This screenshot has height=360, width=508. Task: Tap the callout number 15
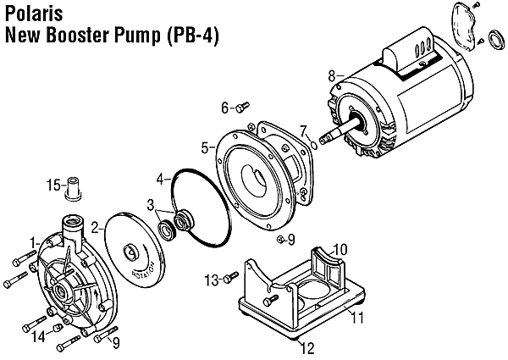tap(52, 185)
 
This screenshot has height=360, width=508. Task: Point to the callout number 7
tap(303, 130)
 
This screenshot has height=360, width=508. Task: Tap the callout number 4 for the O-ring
tap(159, 180)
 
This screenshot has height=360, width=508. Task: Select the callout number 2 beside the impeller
tap(96, 227)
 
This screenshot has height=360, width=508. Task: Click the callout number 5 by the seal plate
tap(204, 147)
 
